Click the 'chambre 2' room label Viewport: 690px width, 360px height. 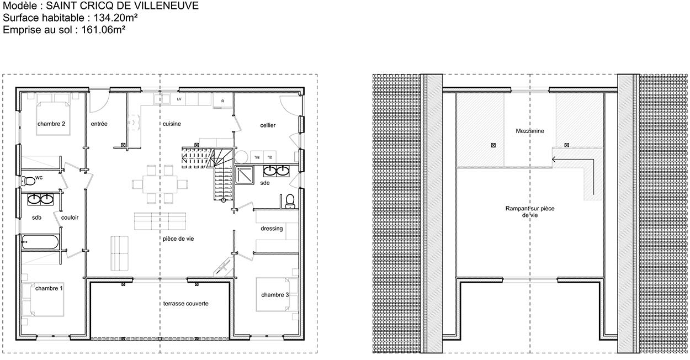tap(51, 124)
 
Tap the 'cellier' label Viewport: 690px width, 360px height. tap(268, 125)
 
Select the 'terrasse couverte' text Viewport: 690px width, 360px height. tap(185, 304)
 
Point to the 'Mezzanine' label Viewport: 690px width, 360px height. tap(530, 131)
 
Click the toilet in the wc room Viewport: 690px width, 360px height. tap(28, 181)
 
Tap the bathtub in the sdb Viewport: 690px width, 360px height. tap(40, 242)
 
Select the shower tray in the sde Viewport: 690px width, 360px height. tap(245, 175)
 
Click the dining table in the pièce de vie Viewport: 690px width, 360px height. tap(160, 184)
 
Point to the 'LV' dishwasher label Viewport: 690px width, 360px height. tap(179, 99)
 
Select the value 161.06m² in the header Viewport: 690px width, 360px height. tap(103, 30)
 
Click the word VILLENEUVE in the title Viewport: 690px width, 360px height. tap(166, 6)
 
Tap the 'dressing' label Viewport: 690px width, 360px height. tap(272, 229)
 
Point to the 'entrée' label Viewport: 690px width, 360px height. tap(99, 124)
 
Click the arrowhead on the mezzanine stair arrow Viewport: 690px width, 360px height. tap(554, 160)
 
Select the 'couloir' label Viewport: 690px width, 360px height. tap(70, 218)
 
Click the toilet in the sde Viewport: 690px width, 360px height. tap(290, 202)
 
